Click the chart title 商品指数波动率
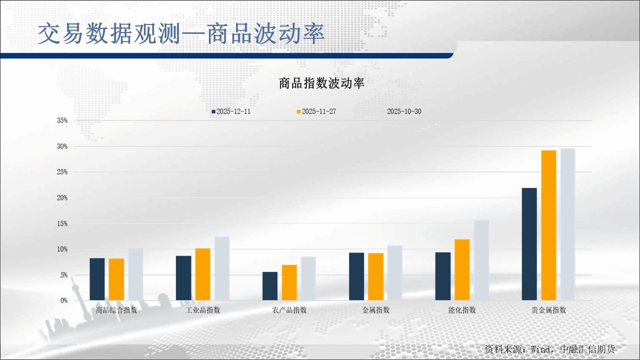pos(321,83)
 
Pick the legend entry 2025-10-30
pos(403,111)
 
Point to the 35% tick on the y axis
pos(62,120)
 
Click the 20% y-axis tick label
pos(62,198)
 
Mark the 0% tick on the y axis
pos(64,300)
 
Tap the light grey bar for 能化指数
pos(481,260)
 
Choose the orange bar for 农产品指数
pos(289,282)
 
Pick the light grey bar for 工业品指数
pos(222,268)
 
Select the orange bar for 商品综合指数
pos(116,279)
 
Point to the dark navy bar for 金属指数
pos(356,276)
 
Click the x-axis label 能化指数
pos(462,310)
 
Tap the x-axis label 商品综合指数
pos(116,310)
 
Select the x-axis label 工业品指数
pos(203,310)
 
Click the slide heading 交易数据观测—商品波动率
pos(181,34)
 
